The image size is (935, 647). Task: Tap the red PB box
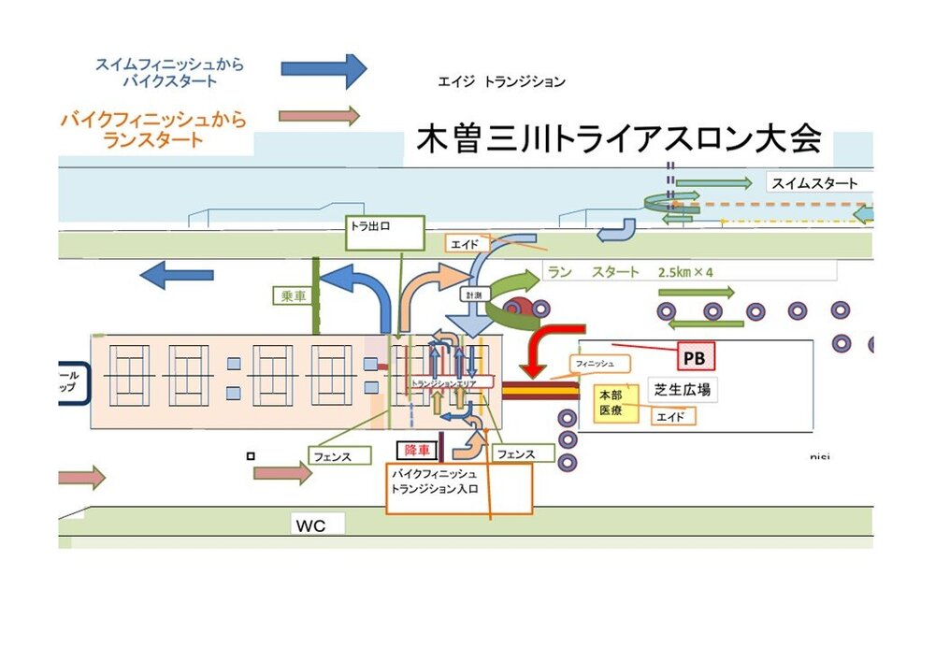click(x=693, y=357)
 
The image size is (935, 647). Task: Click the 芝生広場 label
click(x=682, y=390)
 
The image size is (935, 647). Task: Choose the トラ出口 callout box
click(x=384, y=233)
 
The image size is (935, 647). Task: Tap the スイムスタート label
click(x=814, y=183)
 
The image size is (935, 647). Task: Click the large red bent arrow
click(x=550, y=346)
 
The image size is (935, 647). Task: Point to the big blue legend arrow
click(x=323, y=70)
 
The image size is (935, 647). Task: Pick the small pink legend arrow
click(x=319, y=116)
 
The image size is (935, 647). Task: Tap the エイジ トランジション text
click(x=501, y=82)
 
